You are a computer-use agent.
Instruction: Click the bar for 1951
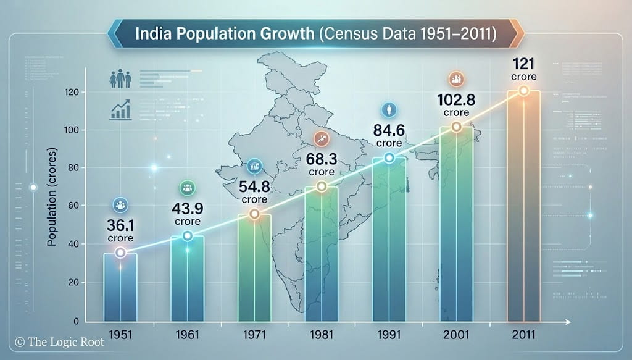120,287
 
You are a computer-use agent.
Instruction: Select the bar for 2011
523,207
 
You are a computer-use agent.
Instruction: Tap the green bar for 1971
254,269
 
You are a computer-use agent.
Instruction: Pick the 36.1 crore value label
120,230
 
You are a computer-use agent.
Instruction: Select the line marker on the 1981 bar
321,186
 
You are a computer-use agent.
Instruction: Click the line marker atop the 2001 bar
456,127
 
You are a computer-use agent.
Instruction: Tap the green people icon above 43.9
187,188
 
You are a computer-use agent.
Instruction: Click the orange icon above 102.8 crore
457,80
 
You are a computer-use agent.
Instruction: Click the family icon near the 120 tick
120,80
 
